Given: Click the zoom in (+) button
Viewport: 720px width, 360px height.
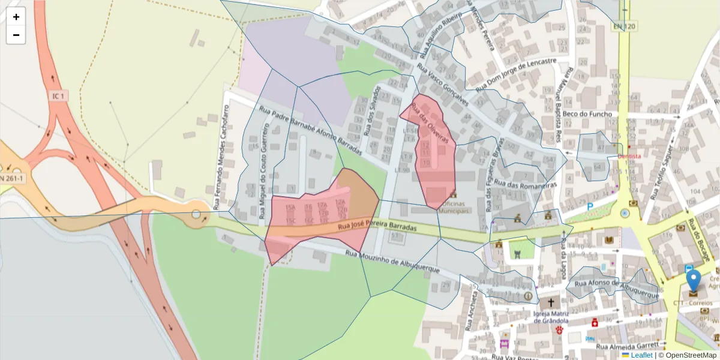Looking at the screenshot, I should tap(16, 17).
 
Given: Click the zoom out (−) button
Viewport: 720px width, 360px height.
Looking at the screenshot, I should tap(16, 35).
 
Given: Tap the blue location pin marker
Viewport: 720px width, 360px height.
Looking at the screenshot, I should tap(693, 282).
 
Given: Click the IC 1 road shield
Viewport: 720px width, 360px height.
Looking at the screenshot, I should tap(58, 96).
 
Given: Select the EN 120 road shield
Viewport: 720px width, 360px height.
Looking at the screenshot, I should tap(625, 26).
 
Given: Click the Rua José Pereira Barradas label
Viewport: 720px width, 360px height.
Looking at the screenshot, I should tap(377, 228).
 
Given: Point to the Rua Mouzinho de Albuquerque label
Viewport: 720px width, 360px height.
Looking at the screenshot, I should tap(393, 262).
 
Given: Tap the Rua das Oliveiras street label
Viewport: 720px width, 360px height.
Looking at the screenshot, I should tap(430, 122).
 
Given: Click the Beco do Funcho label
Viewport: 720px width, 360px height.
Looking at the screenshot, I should tap(587, 114).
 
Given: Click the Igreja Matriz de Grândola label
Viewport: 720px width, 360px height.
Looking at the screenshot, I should tap(551, 316).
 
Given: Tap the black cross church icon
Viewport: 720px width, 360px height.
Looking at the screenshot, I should tap(551, 302).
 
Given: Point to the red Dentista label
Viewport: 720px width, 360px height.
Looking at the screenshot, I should tap(630, 156).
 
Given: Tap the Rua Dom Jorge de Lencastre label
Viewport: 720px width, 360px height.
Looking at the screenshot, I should tap(516, 75).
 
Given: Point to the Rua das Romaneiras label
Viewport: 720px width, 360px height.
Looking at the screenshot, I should tap(527, 191).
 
